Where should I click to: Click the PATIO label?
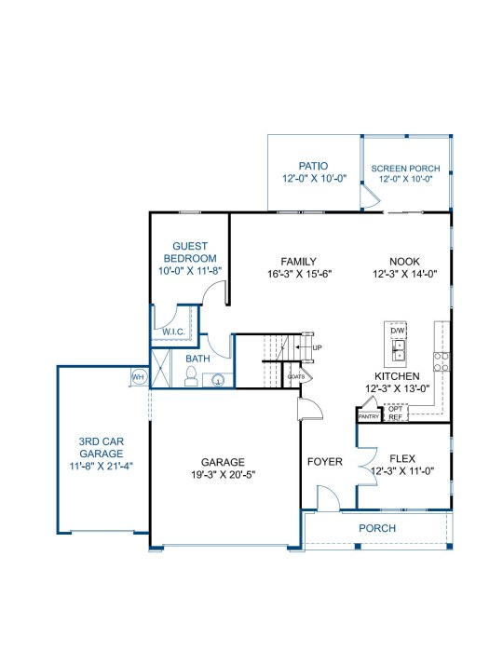tap(313, 166)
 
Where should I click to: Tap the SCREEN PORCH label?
tap(405, 169)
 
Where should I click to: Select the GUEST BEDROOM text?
tap(190, 252)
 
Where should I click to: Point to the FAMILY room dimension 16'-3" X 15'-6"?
tap(299, 274)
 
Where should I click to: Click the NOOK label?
tap(404, 262)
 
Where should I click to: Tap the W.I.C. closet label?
tap(173, 332)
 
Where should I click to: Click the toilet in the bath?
tap(191, 376)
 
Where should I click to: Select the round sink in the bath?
tap(218, 380)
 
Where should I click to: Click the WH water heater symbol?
tap(138, 377)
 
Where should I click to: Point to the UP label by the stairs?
tap(317, 347)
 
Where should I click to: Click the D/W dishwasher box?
tap(397, 331)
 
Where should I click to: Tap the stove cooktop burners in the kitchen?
tap(442, 361)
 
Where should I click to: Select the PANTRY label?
tap(369, 416)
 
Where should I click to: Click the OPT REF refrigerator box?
tap(396, 413)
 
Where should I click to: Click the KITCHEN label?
tap(397, 376)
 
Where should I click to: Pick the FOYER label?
tap(325, 462)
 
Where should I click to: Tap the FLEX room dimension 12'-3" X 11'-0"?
tap(402, 471)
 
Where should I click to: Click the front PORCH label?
tap(377, 528)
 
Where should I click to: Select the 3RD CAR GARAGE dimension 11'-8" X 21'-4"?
tap(101, 466)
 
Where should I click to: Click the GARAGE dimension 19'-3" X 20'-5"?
tap(223, 475)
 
